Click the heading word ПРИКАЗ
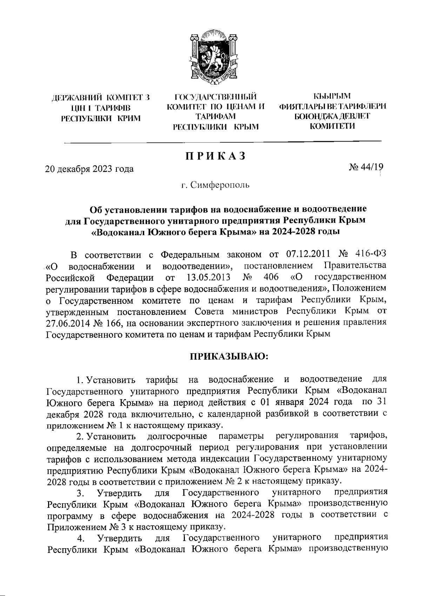pyautogui.click(x=215, y=156)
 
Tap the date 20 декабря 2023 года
pyautogui.click(x=89, y=169)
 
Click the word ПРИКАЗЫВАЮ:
pyautogui.click(x=229, y=356)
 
